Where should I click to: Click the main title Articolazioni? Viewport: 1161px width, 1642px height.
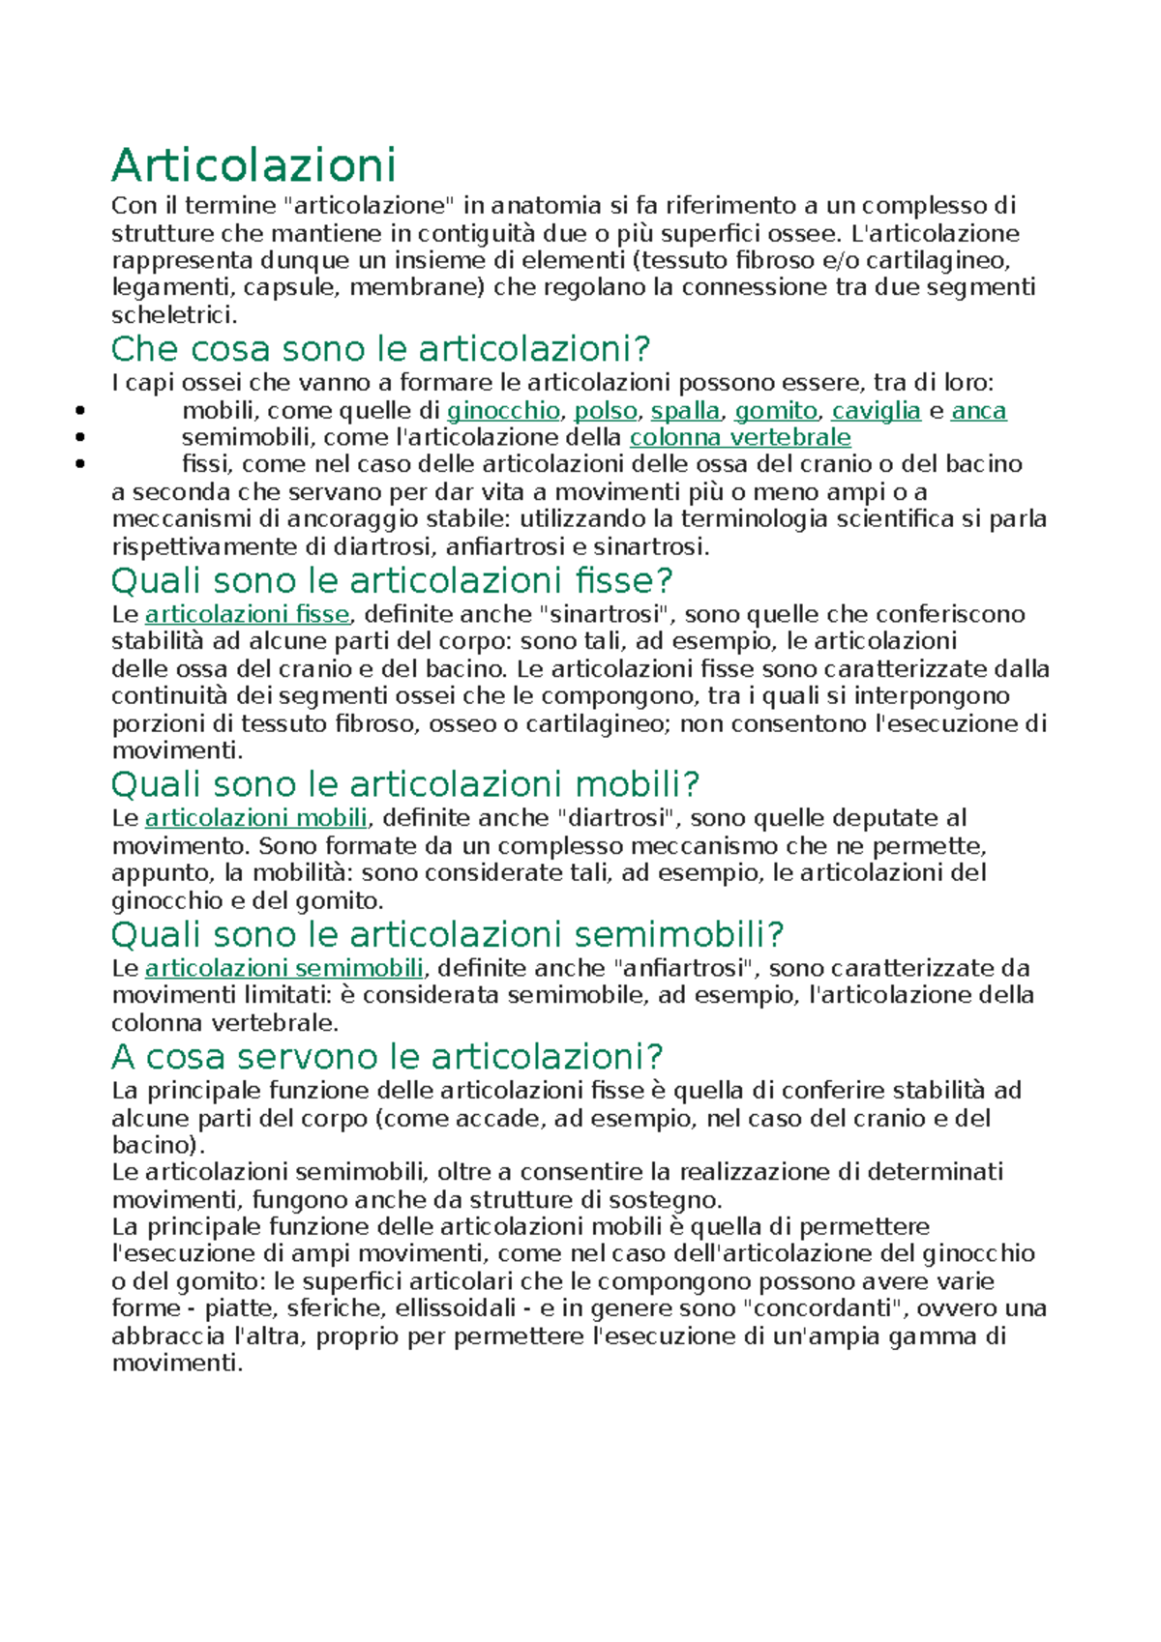click(253, 165)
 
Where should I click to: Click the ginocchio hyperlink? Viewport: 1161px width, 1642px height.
click(503, 411)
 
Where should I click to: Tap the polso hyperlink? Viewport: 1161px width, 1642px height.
click(606, 411)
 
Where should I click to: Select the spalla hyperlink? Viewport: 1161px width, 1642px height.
click(685, 411)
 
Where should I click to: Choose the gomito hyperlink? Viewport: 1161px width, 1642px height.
click(776, 411)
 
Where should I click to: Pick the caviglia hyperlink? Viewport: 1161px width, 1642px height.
click(876, 411)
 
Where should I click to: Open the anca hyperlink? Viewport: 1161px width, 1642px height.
click(978, 411)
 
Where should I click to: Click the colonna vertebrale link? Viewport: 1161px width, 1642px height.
click(740, 438)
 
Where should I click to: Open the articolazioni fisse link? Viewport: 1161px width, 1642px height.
click(247, 615)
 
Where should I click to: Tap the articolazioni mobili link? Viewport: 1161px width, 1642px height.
click(255, 819)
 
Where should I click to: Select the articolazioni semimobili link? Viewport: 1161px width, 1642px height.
click(283, 969)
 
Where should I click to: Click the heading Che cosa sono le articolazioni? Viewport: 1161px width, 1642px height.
click(380, 349)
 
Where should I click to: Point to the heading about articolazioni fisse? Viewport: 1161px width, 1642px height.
click(392, 581)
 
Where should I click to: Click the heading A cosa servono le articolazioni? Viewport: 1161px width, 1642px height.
click(387, 1057)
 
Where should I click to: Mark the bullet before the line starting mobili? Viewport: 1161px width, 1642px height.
click(80, 411)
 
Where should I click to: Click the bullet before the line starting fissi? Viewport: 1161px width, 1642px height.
click(80, 465)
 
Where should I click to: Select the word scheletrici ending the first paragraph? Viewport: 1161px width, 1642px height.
click(172, 315)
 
